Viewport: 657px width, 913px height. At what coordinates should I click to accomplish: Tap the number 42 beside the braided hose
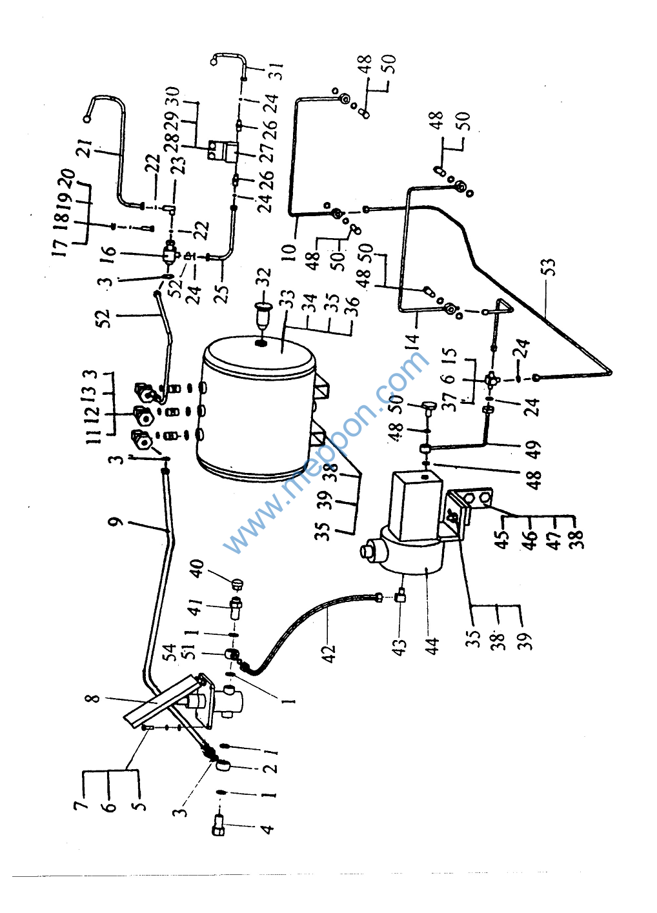coord(330,653)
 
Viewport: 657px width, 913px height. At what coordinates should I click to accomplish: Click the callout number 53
coord(548,266)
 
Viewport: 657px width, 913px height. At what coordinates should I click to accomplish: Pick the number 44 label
coord(432,645)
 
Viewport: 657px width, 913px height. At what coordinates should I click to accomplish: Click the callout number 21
coord(84,148)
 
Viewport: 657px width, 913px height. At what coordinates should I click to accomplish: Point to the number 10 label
coord(288,249)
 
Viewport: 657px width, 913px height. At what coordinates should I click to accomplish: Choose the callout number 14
coord(413,338)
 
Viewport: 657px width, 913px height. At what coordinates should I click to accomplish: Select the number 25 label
coord(221,294)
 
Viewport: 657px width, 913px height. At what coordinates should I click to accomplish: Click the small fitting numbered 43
coord(400,597)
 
